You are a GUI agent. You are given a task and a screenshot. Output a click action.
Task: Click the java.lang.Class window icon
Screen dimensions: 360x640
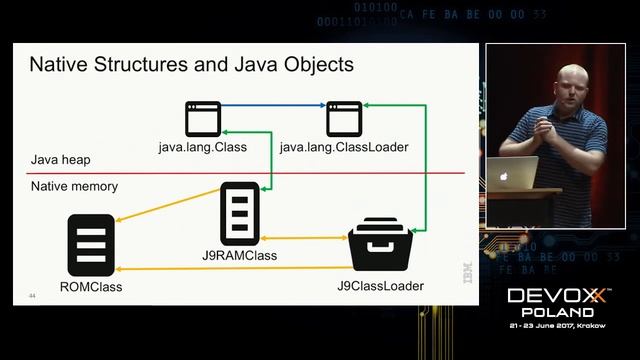(203, 119)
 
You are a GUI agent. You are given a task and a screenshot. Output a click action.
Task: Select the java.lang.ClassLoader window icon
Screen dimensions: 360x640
(344, 119)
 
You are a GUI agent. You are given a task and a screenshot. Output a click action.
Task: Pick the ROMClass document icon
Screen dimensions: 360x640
(88, 245)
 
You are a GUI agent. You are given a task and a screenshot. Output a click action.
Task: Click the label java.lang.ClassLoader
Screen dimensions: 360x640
(344, 148)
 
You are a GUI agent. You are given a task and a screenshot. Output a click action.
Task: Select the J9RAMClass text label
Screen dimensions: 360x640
(239, 255)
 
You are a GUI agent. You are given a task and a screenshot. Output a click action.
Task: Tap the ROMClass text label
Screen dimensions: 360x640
(90, 288)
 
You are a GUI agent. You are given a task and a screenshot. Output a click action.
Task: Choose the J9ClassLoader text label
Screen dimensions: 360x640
(381, 287)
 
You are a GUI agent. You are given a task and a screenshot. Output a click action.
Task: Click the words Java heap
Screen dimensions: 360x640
(59, 160)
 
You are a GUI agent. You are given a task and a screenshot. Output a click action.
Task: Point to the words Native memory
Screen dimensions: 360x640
(74, 186)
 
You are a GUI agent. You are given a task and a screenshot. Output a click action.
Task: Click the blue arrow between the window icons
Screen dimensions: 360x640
(273, 104)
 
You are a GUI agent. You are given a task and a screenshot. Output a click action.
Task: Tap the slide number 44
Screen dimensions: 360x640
(33, 296)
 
